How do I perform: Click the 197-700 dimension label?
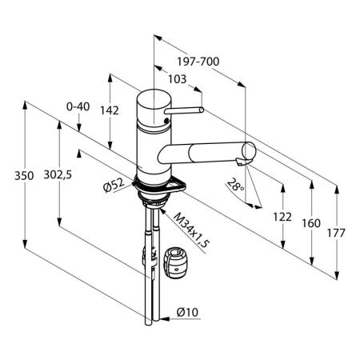(x=198, y=62)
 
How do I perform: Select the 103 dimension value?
(x=177, y=79)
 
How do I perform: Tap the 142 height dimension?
(x=110, y=110)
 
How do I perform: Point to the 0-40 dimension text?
(x=78, y=106)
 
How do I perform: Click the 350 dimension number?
(x=24, y=176)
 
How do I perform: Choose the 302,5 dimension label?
(x=58, y=174)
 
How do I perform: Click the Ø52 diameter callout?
(x=114, y=185)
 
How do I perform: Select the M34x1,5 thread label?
(x=192, y=230)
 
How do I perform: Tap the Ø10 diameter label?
(x=187, y=312)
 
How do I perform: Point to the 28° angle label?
(x=236, y=184)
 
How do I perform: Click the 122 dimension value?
(x=282, y=217)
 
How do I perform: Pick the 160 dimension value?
(x=311, y=223)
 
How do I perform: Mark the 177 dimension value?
(x=336, y=233)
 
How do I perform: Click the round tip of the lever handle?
(x=202, y=110)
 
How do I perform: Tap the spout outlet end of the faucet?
(x=249, y=150)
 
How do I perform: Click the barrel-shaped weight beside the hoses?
(x=177, y=263)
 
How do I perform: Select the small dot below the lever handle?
(x=166, y=120)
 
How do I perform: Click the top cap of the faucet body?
(x=154, y=99)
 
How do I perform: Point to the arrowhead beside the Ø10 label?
(x=165, y=318)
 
